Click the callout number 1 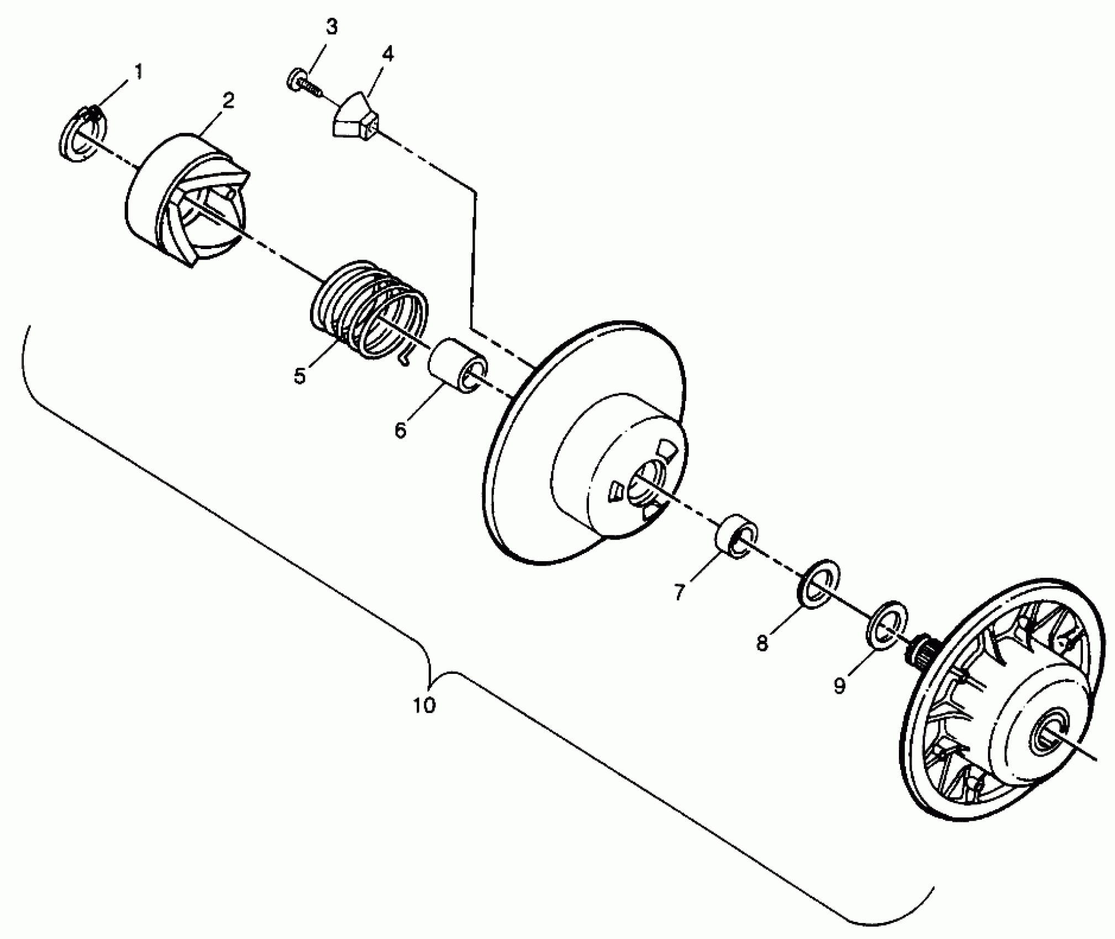point(138,72)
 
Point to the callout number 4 point(388,54)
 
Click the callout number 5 point(299,376)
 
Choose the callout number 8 point(762,642)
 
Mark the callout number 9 point(839,685)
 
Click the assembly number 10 point(424,705)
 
